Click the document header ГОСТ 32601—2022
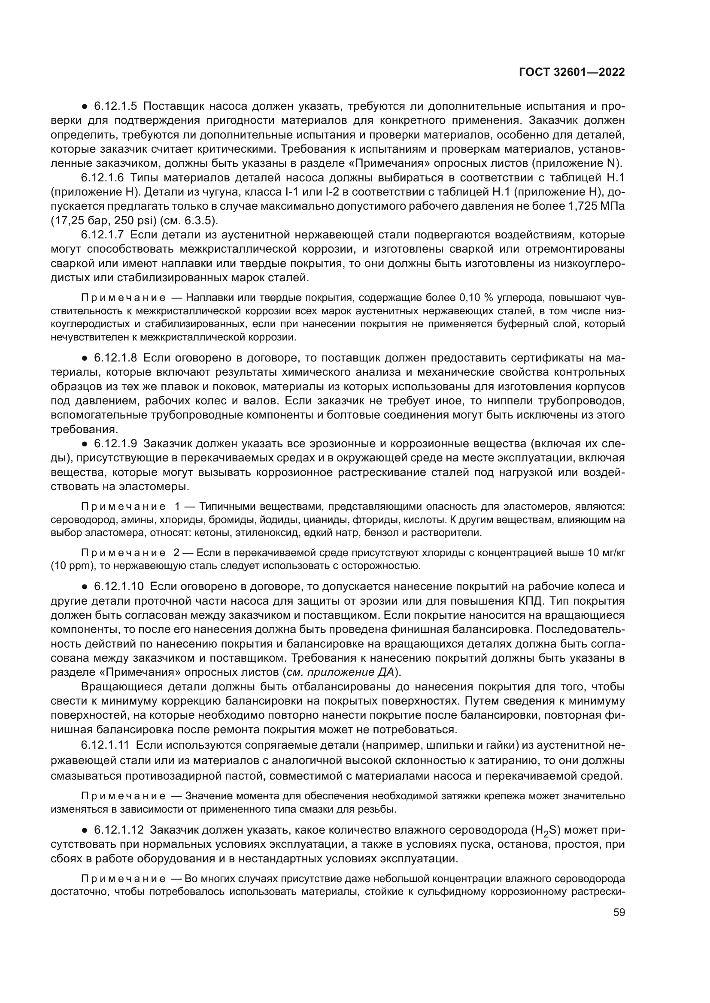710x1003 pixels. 572,72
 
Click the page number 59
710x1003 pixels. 619,912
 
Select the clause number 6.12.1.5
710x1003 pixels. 115,106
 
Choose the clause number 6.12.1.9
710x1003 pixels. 115,444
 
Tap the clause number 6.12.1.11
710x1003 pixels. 106,744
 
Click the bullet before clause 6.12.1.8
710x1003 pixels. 85,358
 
